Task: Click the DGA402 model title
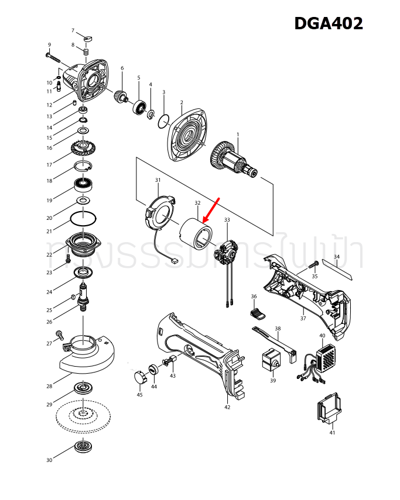point(328,23)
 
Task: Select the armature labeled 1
point(234,158)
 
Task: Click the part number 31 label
point(158,180)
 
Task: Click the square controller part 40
point(326,356)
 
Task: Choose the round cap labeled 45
point(139,377)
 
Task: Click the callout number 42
point(227,407)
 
